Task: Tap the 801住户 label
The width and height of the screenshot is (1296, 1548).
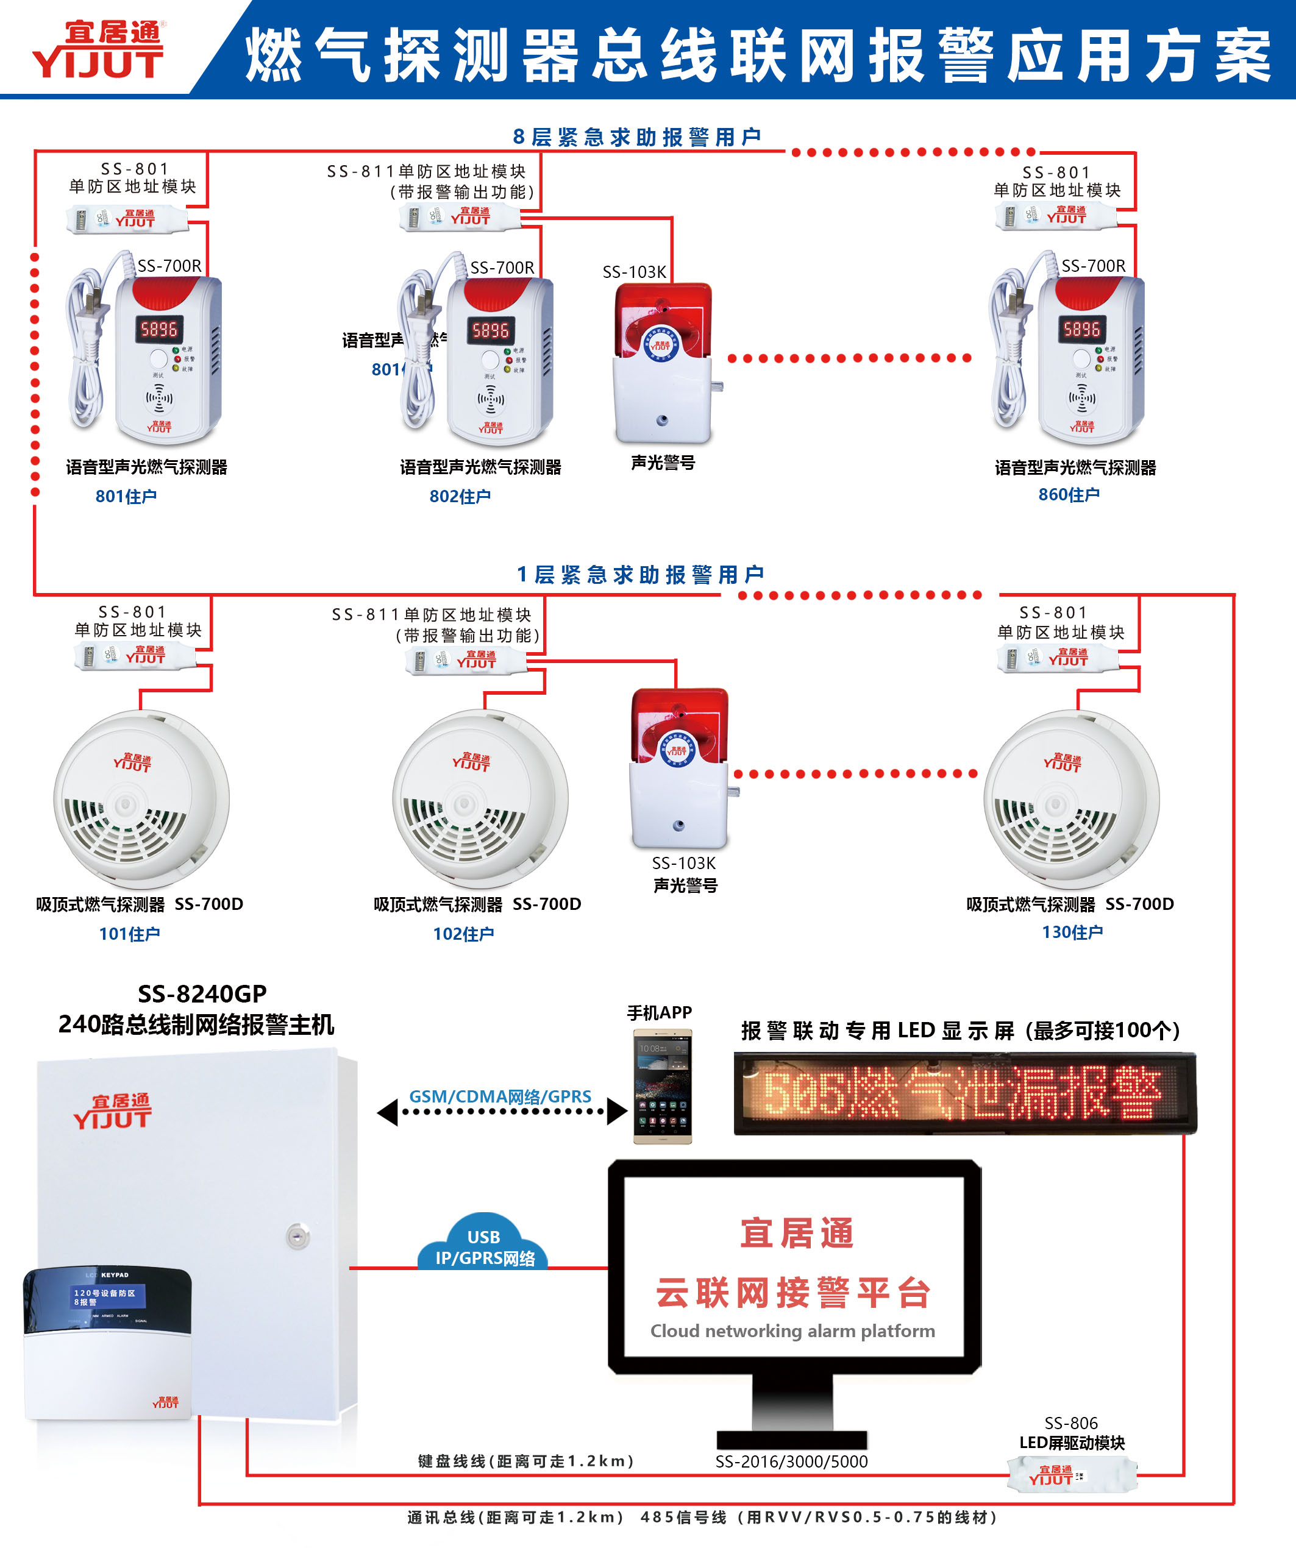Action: click(x=126, y=496)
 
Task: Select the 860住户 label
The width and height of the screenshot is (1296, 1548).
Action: click(x=1069, y=495)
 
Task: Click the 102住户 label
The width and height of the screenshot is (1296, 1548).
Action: click(x=463, y=934)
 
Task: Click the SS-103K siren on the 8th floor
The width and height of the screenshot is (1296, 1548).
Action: click(x=663, y=361)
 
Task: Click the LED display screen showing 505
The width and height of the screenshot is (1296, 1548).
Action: click(x=964, y=1093)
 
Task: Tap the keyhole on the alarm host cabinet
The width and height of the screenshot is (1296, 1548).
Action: click(x=298, y=1236)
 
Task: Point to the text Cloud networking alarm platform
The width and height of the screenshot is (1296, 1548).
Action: click(x=792, y=1331)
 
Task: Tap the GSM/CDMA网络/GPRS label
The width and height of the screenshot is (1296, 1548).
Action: click(x=500, y=1097)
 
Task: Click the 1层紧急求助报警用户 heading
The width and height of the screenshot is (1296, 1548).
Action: click(x=640, y=574)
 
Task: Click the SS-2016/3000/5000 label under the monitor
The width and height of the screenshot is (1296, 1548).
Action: click(x=791, y=1461)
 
